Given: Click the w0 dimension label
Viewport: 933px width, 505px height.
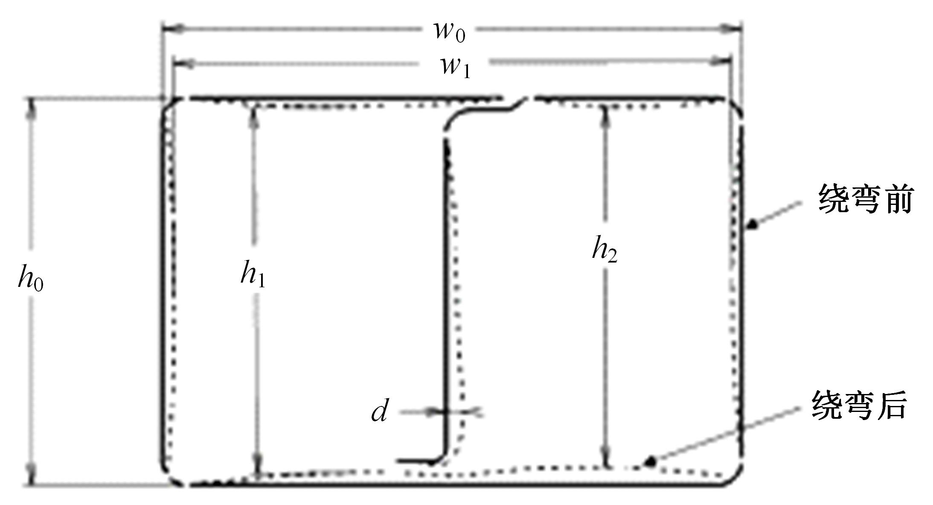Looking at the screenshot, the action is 449,31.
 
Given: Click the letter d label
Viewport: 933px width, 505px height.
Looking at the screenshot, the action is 380,411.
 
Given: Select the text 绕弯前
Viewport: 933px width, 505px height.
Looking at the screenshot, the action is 865,199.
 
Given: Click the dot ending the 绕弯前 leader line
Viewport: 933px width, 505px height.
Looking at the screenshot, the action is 753,223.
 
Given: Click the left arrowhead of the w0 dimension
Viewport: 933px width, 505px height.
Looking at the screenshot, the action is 172,29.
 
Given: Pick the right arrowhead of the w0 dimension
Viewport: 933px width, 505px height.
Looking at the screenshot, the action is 731,29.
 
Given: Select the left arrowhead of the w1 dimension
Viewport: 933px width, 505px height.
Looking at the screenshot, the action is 183,64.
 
